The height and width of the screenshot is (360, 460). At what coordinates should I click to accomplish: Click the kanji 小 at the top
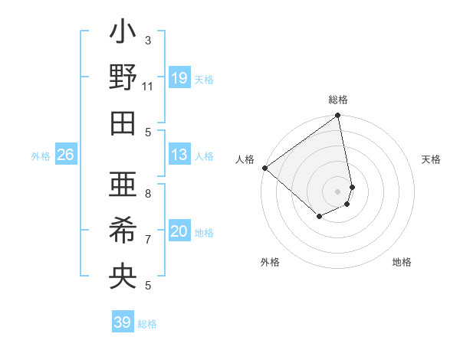click(123, 35)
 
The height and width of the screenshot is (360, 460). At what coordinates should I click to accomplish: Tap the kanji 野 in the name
click(123, 78)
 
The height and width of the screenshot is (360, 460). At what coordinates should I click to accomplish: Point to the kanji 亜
click(123, 186)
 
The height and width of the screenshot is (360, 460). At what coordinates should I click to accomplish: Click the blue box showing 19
click(179, 77)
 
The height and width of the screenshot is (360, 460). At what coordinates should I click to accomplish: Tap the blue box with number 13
click(179, 155)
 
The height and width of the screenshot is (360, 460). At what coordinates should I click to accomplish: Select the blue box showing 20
click(179, 231)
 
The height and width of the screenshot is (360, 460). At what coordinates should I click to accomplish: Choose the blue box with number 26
click(65, 155)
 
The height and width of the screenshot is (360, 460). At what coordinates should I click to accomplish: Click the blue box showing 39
click(123, 322)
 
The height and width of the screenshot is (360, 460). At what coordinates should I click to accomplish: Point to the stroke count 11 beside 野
click(148, 86)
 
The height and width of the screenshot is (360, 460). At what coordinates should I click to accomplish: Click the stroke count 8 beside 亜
click(148, 194)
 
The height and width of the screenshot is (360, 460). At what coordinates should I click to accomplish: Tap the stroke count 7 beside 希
click(148, 239)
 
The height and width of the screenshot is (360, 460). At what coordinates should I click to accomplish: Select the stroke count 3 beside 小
click(148, 40)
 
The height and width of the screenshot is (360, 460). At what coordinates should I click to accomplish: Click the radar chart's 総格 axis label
click(338, 100)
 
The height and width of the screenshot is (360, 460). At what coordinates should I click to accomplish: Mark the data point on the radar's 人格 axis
click(264, 168)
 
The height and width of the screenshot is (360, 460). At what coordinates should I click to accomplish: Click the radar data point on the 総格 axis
click(338, 116)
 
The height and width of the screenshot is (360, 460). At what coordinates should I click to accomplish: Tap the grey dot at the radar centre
click(338, 191)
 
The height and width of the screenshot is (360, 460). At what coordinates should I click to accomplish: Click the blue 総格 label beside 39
click(148, 324)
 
